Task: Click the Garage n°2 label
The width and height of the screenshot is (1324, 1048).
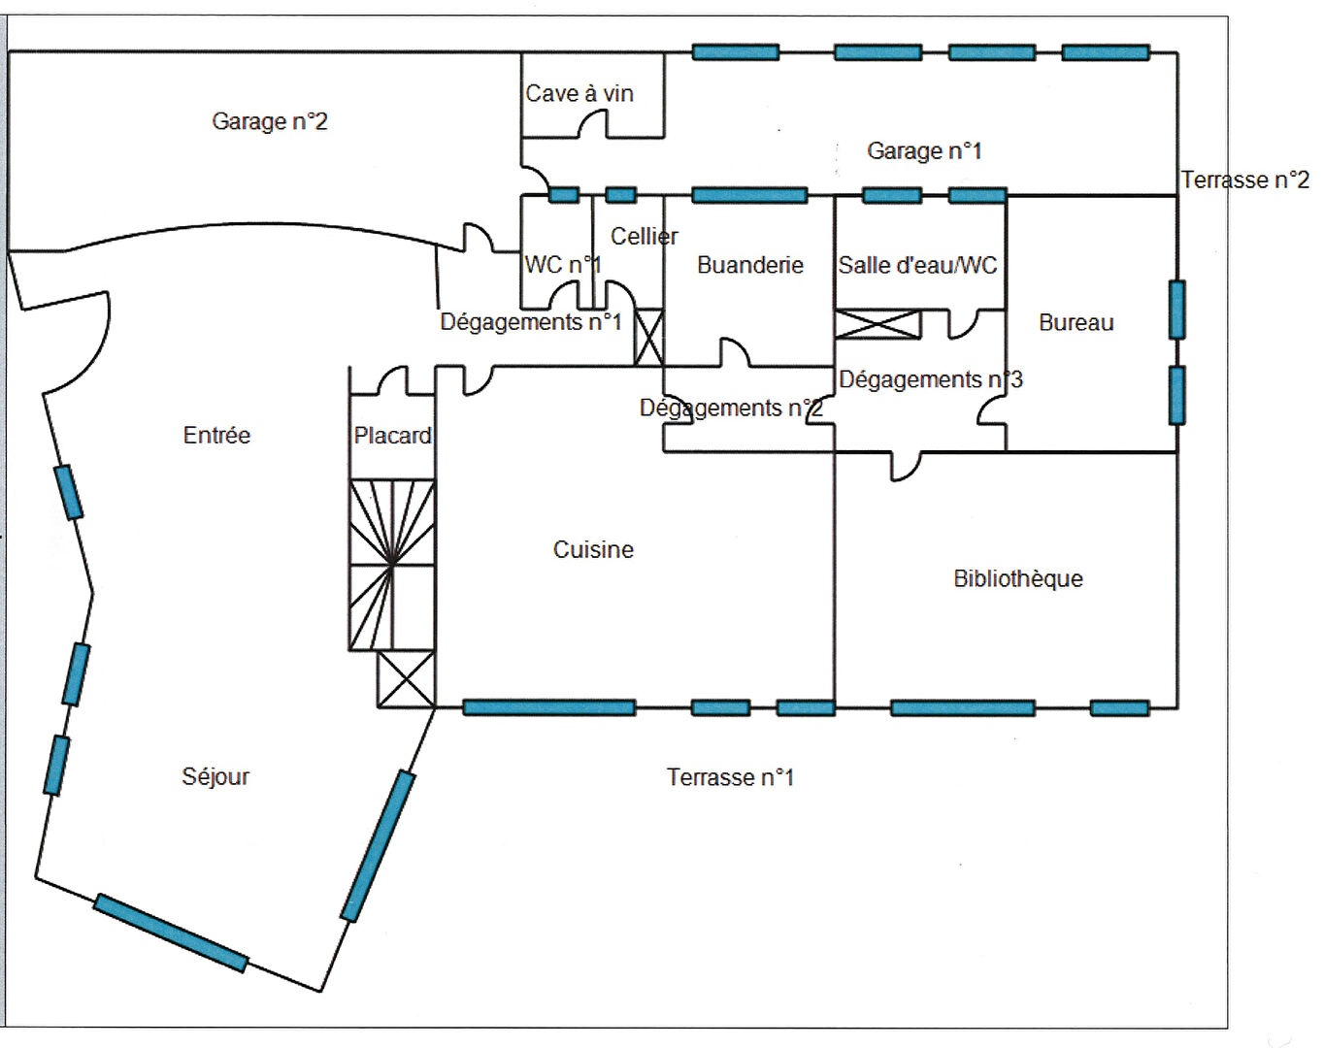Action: (x=270, y=121)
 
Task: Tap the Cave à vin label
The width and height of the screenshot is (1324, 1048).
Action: (x=579, y=93)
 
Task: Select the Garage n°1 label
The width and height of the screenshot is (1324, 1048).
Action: (x=924, y=150)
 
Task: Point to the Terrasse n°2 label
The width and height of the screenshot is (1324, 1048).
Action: (x=1244, y=180)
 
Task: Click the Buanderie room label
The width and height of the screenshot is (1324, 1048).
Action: (x=750, y=265)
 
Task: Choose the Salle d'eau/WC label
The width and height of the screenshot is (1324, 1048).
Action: (x=917, y=265)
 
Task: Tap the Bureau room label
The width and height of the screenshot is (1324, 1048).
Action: (x=1076, y=322)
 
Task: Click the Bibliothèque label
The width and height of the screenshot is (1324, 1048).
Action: (x=1018, y=578)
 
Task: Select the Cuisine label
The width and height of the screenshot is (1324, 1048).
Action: (x=593, y=549)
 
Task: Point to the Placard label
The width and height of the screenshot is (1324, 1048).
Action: (x=392, y=436)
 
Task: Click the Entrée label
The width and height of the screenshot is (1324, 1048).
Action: (x=216, y=435)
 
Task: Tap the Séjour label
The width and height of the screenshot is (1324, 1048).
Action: (x=215, y=776)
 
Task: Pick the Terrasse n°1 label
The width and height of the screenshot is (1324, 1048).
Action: (x=730, y=777)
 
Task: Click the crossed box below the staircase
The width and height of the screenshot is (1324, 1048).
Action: (x=406, y=679)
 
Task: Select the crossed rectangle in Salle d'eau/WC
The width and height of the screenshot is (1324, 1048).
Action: (x=877, y=324)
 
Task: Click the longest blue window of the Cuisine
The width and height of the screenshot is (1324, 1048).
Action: (x=549, y=707)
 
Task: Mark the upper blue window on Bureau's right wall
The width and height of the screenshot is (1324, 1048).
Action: (x=1176, y=310)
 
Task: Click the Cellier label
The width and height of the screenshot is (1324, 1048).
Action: (x=644, y=236)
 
